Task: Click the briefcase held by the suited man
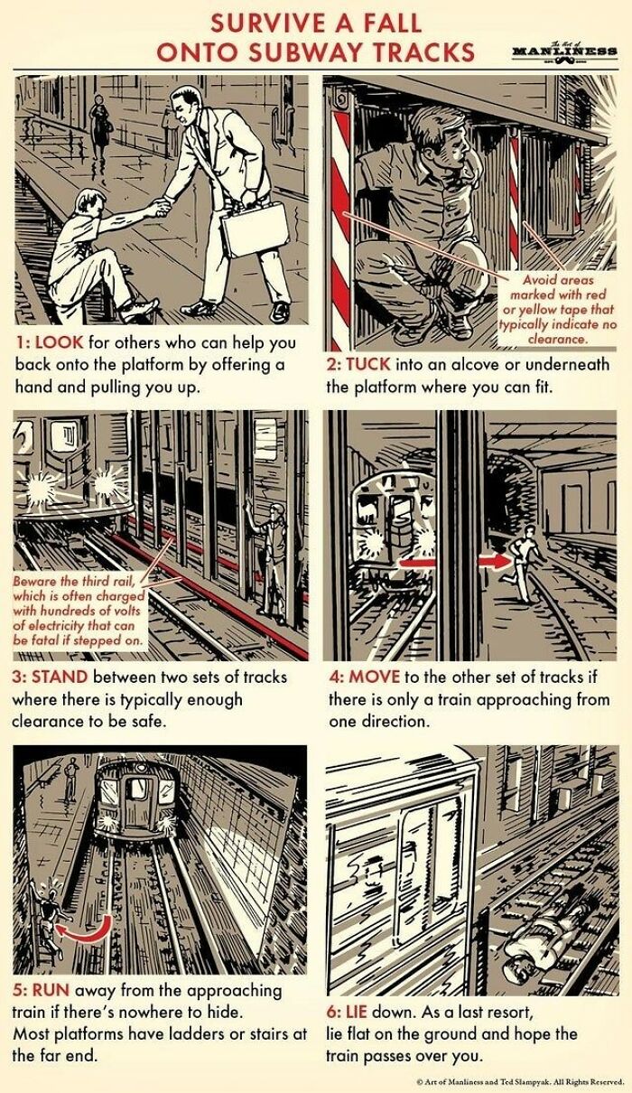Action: point(255,228)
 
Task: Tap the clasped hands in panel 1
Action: point(160,206)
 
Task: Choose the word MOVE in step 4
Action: point(368,677)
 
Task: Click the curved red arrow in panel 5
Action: point(88,930)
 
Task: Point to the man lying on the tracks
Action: point(526,948)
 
